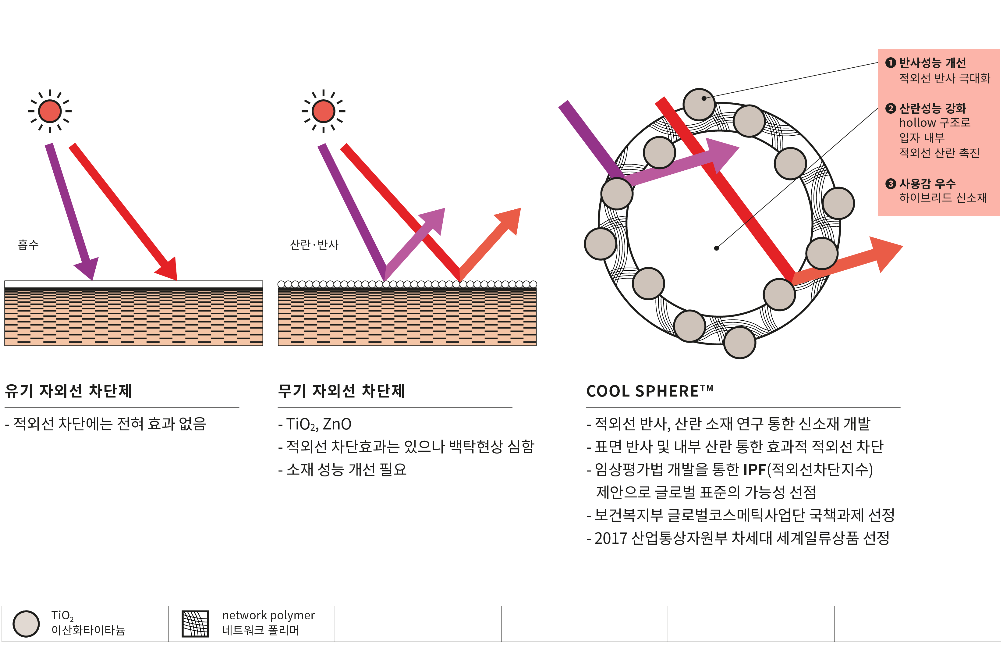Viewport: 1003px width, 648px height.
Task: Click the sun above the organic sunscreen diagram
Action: click(50, 111)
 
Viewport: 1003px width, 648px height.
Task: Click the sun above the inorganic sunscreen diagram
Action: click(323, 111)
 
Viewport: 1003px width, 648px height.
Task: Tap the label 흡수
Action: click(28, 244)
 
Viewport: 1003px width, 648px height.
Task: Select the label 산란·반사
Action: click(314, 244)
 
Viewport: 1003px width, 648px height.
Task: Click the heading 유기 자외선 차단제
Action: click(68, 390)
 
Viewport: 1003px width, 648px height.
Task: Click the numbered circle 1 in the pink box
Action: click(890, 63)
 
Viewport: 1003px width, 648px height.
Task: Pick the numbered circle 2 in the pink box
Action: click(890, 109)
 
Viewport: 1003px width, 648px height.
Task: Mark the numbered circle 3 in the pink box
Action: click(890, 184)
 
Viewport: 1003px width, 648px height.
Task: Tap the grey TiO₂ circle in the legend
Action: click(26, 624)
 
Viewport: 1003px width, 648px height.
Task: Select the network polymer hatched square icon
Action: click(195, 624)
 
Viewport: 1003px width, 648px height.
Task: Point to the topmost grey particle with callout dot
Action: click(699, 104)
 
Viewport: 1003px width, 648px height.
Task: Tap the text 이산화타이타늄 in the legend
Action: click(88, 630)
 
